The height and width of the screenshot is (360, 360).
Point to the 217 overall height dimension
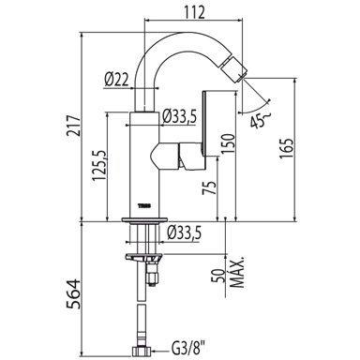pyautogui.click(x=74, y=126)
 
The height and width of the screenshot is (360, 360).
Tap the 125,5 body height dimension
pyautogui.click(x=99, y=165)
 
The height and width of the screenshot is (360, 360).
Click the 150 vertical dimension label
pyautogui.click(x=227, y=143)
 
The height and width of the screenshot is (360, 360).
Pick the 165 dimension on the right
pyautogui.click(x=287, y=147)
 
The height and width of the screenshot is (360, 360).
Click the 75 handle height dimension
pyautogui.click(x=209, y=187)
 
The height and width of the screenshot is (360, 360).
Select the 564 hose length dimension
pyautogui.click(x=74, y=293)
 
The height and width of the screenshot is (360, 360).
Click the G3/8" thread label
pyautogui.click(x=187, y=352)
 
